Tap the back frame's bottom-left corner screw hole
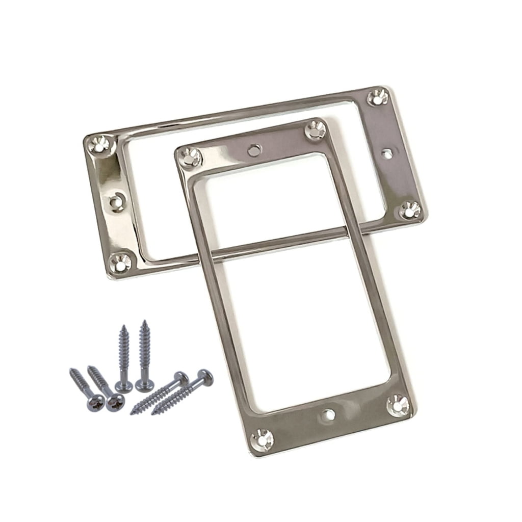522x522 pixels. [x=121, y=262]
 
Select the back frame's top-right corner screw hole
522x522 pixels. [x=378, y=97]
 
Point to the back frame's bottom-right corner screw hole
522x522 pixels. [x=410, y=210]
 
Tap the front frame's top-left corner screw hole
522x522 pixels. [x=190, y=155]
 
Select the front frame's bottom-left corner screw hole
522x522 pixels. [x=263, y=439]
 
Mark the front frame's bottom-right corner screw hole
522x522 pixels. [x=398, y=405]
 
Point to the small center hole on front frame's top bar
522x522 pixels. [x=253, y=149]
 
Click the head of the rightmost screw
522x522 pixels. [x=205, y=377]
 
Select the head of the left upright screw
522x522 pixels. [x=124, y=386]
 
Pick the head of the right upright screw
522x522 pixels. [x=145, y=385]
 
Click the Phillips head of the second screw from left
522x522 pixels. [x=112, y=404]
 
